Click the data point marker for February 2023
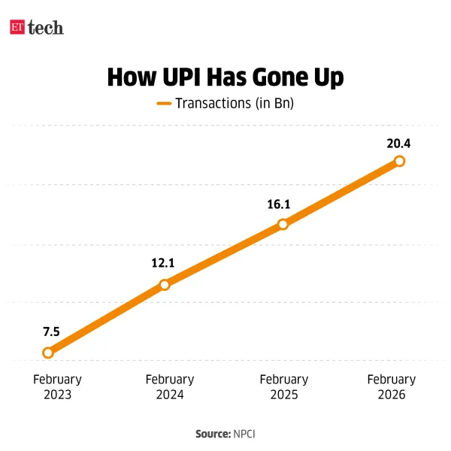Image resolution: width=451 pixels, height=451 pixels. coord(48,352)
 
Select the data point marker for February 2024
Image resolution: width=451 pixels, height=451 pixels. coord(165,285)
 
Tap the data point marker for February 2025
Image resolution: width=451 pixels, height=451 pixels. coord(283,224)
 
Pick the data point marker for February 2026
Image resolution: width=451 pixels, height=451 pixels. coord(399,161)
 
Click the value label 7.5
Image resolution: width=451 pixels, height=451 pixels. coord(51,331)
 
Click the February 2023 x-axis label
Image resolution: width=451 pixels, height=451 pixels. coord(57,387)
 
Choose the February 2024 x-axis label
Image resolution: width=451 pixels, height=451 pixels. coord(170,387)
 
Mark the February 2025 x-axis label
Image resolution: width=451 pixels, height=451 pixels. coord(283,387)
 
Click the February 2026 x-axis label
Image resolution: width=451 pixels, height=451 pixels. coord(392,387)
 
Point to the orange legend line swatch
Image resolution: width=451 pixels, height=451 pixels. coord(164,104)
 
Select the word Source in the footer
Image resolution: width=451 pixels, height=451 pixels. coord(213,434)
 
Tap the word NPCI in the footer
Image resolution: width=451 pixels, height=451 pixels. coord(245,434)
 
